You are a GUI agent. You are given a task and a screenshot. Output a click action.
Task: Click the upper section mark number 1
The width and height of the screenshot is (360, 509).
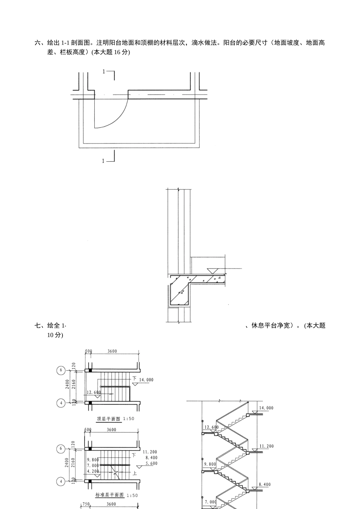pyautogui.click(x=104, y=71)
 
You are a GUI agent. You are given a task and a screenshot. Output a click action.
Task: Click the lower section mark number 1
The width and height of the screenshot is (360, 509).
pyautogui.click(x=103, y=161)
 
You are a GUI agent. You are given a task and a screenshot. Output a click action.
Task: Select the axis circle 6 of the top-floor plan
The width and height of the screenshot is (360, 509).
pyautogui.click(x=61, y=370)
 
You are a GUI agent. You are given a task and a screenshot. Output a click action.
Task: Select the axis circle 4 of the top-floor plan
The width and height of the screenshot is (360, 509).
pyautogui.click(x=61, y=403)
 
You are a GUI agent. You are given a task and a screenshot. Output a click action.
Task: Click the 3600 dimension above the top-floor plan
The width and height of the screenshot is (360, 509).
pyautogui.click(x=112, y=351)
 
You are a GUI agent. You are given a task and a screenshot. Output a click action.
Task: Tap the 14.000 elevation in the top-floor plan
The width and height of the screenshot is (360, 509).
pyautogui.click(x=146, y=379)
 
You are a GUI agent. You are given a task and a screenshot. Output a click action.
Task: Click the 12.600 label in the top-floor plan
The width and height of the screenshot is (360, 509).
pyautogui.click(x=94, y=392)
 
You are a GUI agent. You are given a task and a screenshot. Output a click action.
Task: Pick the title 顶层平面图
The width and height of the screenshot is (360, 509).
pyautogui.click(x=109, y=419)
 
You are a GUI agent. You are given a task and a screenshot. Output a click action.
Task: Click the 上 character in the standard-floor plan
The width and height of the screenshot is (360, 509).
pyautogui.click(x=135, y=473)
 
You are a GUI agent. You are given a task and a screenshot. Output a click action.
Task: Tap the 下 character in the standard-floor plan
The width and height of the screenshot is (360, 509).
pyautogui.click(x=133, y=454)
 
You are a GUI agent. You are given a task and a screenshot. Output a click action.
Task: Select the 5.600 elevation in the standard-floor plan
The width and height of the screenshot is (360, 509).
pyautogui.click(x=151, y=464)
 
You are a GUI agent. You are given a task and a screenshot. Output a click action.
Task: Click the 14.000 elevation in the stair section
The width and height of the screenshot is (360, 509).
pyautogui.click(x=266, y=408)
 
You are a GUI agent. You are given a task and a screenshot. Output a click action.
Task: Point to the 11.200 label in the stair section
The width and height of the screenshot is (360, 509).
pyautogui.click(x=266, y=446)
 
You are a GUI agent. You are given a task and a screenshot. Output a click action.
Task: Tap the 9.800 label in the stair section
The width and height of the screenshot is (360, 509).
pyautogui.click(x=210, y=464)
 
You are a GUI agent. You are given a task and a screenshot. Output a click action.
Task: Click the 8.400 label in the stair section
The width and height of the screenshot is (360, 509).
pyautogui.click(x=265, y=484)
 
